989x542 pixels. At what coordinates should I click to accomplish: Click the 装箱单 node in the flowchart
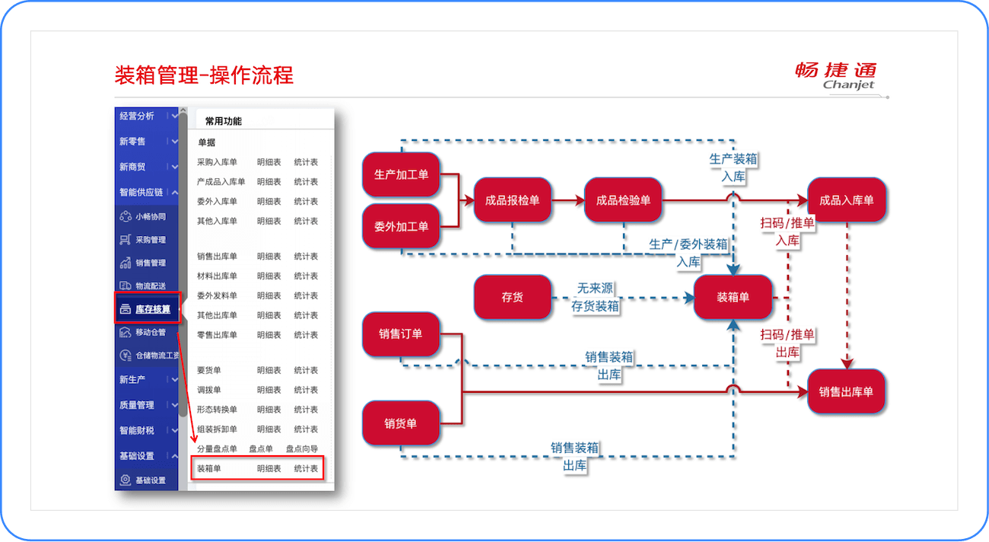(x=733, y=297)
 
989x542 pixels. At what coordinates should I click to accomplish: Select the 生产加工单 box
(x=401, y=175)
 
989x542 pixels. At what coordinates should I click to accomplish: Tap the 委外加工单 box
(x=401, y=226)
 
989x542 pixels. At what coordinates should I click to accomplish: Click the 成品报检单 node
(x=512, y=200)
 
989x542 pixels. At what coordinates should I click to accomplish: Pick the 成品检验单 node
(x=623, y=200)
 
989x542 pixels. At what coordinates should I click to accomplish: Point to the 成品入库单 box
(x=846, y=200)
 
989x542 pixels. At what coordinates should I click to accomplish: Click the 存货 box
(x=512, y=297)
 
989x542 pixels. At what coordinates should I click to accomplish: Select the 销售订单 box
(x=401, y=333)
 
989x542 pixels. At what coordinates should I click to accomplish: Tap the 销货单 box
(x=401, y=423)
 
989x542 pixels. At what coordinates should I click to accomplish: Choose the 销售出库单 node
(x=846, y=391)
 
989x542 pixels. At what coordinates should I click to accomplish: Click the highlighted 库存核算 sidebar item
(x=148, y=309)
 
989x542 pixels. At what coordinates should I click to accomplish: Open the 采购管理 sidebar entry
(x=150, y=240)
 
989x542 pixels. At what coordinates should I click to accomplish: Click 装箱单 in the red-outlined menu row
(x=209, y=468)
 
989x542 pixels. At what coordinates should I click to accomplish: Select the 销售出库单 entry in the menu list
(x=217, y=257)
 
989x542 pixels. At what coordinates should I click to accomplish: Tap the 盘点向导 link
(x=302, y=449)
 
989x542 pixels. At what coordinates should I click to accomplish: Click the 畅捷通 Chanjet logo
(x=836, y=75)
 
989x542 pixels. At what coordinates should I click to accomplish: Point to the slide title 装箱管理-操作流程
(x=204, y=75)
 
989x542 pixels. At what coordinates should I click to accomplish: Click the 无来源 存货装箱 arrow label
(x=595, y=297)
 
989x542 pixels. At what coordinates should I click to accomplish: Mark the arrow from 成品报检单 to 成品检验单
(x=568, y=200)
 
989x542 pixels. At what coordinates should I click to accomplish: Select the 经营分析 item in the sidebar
(x=137, y=116)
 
